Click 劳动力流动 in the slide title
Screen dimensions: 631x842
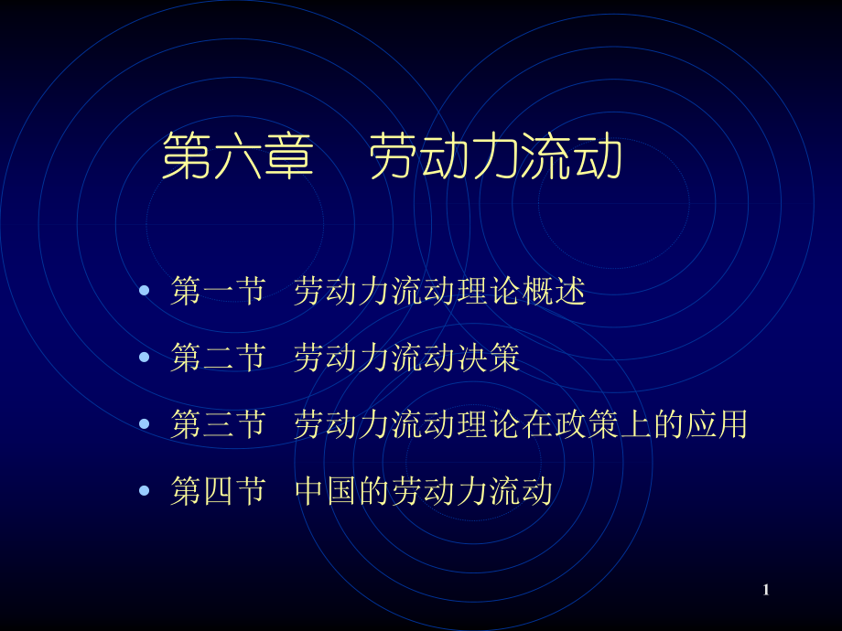point(496,157)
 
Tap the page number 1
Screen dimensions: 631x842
point(766,590)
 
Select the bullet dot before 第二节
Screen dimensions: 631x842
point(144,358)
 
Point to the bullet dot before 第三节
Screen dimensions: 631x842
point(144,423)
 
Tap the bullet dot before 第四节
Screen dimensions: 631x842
point(144,491)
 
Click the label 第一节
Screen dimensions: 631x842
point(218,292)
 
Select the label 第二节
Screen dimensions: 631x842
point(218,358)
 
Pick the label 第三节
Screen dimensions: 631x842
point(218,424)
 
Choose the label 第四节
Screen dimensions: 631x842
point(218,491)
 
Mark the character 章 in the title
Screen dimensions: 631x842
point(288,157)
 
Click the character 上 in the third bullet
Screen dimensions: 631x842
point(667,424)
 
